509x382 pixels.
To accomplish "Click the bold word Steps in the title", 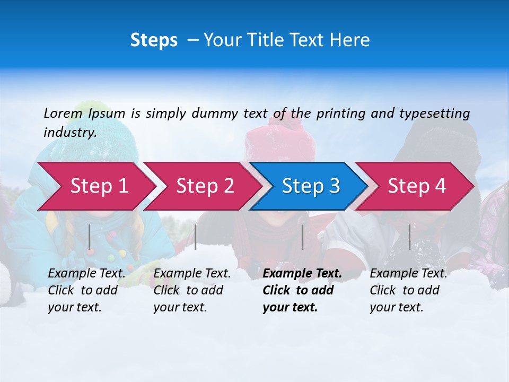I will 154,40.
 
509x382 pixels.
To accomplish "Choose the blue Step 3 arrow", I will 311,186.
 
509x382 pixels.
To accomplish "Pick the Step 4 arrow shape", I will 417,186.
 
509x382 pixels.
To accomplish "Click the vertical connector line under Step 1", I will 90,237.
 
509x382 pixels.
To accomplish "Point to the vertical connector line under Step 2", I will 196,237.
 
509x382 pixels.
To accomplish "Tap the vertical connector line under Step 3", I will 303,237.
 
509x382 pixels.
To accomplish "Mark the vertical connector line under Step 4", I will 410,237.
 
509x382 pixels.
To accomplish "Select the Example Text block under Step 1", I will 87,290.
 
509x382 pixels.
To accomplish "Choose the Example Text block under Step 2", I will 192,290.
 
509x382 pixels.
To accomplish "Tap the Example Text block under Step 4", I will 408,290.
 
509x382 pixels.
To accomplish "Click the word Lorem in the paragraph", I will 63,113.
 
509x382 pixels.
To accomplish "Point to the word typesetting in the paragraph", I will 434,114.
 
